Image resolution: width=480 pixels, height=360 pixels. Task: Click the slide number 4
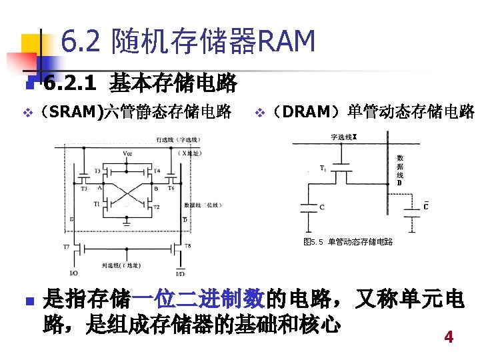[449, 337]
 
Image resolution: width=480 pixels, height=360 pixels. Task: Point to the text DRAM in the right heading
[311, 111]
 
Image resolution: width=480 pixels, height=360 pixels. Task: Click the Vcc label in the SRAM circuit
[127, 153]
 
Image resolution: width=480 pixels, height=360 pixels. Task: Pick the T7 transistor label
[66, 247]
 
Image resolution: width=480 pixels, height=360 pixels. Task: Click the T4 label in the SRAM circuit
[157, 171]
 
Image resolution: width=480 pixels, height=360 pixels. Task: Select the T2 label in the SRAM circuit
[157, 207]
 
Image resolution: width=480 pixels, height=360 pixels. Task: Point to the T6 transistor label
[171, 189]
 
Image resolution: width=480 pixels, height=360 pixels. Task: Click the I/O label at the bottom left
[73, 273]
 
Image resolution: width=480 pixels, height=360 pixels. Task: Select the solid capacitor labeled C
[309, 207]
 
